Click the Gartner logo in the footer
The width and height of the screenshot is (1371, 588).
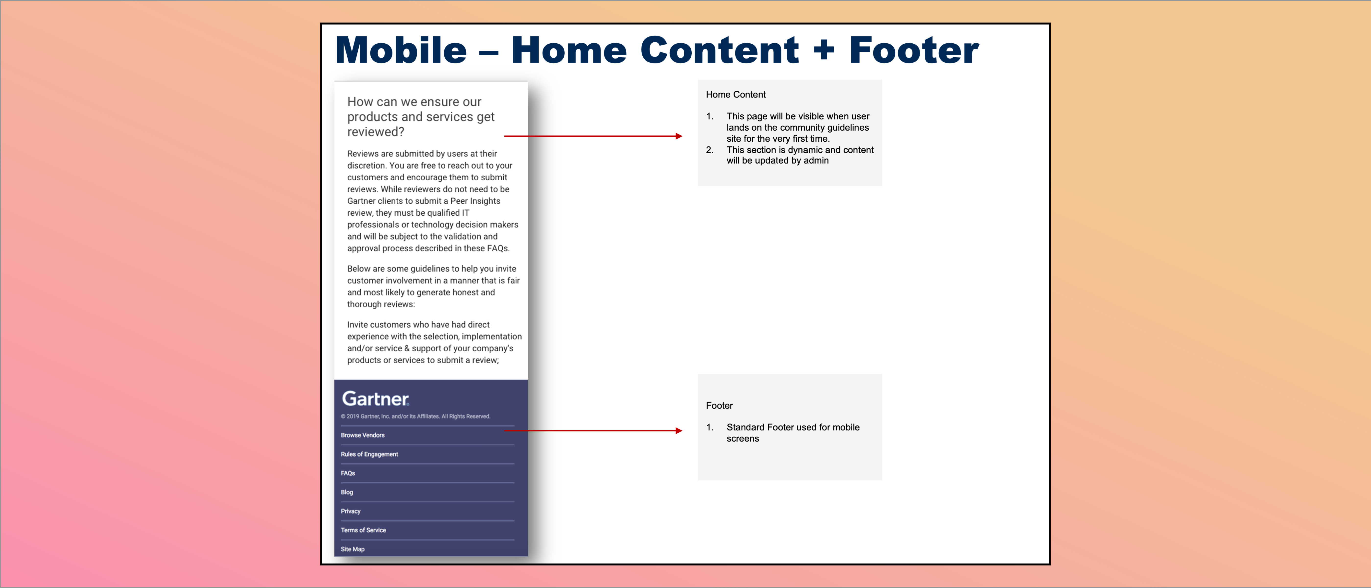[x=375, y=399]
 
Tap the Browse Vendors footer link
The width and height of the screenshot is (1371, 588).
[x=362, y=435]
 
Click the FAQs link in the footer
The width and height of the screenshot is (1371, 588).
[x=348, y=473]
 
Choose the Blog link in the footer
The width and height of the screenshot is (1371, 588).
[x=346, y=492]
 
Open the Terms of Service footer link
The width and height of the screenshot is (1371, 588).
[x=363, y=530]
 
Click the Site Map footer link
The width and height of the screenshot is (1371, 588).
[x=352, y=549]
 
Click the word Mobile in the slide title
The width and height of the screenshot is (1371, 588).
[x=401, y=50]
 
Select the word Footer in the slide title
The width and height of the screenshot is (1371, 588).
[x=913, y=50]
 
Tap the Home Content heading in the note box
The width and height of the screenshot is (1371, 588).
[x=735, y=94]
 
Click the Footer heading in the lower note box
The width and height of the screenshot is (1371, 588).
[x=719, y=405]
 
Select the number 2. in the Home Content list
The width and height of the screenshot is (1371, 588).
[x=709, y=150]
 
